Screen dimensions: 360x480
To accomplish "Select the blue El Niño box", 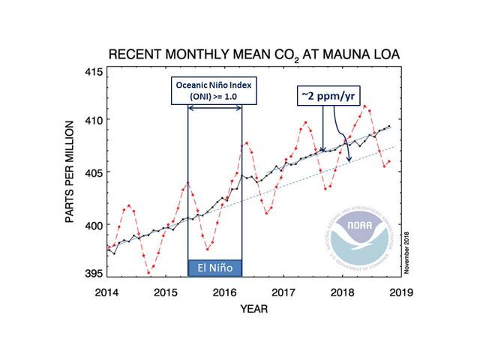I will coord(214,268).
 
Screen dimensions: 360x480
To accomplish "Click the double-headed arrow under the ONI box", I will coord(214,109).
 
